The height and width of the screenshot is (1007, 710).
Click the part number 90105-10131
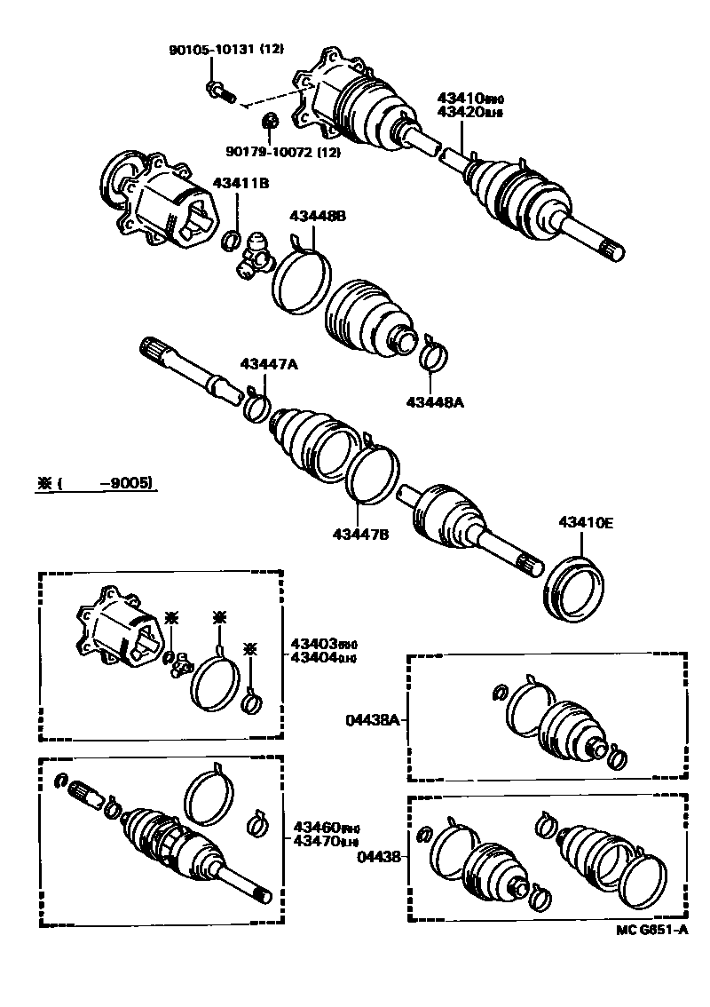(210, 52)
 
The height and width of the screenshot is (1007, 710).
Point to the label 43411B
(241, 183)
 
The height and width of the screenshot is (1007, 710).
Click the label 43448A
(435, 402)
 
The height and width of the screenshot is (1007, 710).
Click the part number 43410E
(585, 523)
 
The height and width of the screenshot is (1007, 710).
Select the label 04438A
(372, 720)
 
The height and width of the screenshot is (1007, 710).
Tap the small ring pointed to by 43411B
(231, 239)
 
